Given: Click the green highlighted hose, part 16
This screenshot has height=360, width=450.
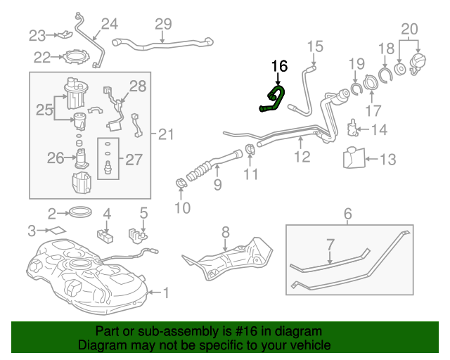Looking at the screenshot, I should (x=274, y=101).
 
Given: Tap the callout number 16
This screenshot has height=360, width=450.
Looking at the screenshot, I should (x=279, y=66).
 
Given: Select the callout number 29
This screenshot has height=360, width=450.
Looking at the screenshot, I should (x=163, y=25).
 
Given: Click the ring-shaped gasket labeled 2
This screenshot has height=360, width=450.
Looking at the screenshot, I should (x=80, y=211).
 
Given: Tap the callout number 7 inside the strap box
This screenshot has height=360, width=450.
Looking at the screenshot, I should (x=330, y=245).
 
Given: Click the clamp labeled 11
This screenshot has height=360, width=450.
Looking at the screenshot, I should (x=251, y=149).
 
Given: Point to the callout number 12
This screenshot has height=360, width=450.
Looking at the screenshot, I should (x=302, y=157).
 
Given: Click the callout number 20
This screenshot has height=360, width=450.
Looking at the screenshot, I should (x=409, y=29).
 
